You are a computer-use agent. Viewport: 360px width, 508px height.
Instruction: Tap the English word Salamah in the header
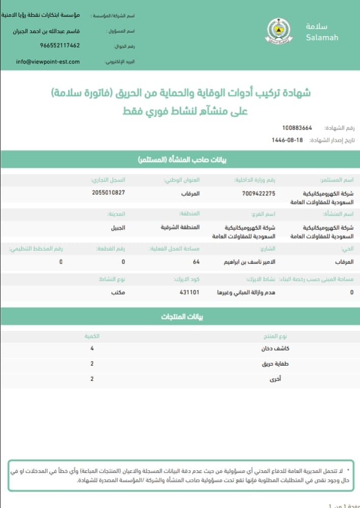(322, 38)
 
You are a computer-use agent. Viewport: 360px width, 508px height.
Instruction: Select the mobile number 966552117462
(60, 45)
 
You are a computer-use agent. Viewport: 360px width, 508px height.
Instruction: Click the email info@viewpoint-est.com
(48, 62)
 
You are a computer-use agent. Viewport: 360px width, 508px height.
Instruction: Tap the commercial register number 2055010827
(109, 193)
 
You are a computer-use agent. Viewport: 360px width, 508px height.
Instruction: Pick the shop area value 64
(196, 262)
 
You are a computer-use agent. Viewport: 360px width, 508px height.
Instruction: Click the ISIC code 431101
(189, 293)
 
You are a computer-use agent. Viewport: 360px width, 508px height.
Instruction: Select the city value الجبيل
(118, 227)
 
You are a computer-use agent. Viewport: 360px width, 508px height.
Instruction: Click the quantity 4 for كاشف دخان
(92, 349)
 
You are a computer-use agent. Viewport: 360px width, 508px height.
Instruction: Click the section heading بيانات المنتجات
(179, 317)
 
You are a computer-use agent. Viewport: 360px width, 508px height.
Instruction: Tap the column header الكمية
(92, 336)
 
